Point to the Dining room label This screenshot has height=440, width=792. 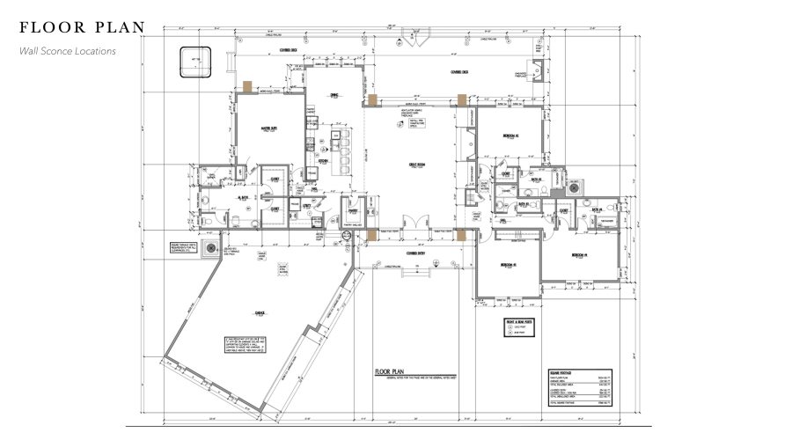click(334, 97)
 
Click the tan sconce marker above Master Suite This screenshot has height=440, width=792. click(249, 87)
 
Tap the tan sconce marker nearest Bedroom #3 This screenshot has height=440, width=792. click(460, 235)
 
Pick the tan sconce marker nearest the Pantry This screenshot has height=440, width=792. click(373, 235)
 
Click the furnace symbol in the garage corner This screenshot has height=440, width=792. click(210, 250)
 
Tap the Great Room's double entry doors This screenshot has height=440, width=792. click(411, 224)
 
